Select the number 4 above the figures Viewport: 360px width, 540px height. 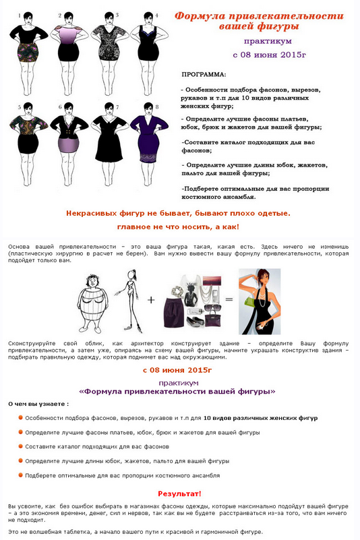point(156,15)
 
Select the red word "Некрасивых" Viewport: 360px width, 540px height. point(92,213)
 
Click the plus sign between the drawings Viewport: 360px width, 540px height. point(151,299)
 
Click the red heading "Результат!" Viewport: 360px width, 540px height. point(179,494)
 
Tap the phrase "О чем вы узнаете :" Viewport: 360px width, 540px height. point(38,403)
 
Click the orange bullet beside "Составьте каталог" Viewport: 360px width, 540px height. point(21,446)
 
